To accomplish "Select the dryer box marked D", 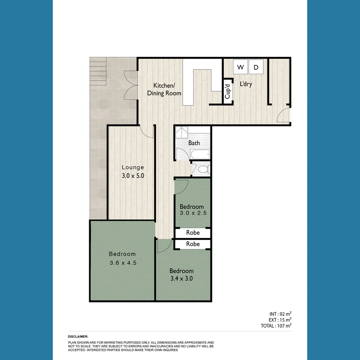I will (256, 67).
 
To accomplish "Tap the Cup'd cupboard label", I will (228, 91).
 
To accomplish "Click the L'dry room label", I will (246, 84).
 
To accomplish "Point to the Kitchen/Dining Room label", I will (164, 89).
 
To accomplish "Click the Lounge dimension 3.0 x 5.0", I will (133, 176).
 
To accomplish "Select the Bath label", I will (194, 143).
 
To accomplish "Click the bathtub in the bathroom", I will (200, 154).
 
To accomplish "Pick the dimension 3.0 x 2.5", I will (192, 213).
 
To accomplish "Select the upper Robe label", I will (193, 233).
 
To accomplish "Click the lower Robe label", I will (193, 244).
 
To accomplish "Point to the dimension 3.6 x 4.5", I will (123, 263).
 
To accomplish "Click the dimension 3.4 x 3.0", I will (181, 278).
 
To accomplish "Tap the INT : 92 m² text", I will (280, 314).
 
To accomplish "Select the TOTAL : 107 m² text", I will (276, 326).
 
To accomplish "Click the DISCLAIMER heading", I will (78, 337).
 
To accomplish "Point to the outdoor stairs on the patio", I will (98, 71).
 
